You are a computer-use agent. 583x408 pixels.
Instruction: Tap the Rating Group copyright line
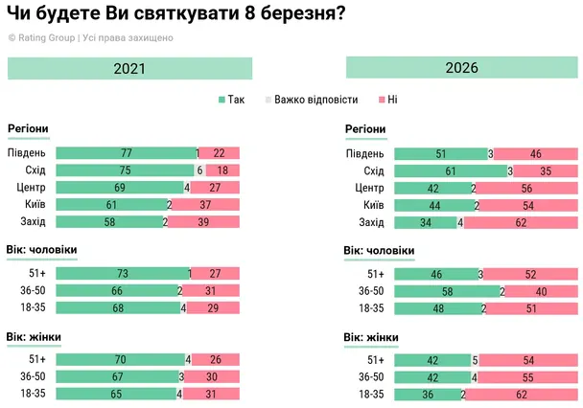pyautogui.click(x=90, y=38)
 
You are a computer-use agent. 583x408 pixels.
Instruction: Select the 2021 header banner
pyautogui.click(x=129, y=68)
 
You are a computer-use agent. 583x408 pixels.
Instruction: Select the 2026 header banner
pyautogui.click(x=461, y=68)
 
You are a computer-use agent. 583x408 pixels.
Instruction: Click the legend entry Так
pyautogui.click(x=232, y=100)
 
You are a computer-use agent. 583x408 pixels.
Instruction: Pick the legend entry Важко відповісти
pyautogui.click(x=312, y=100)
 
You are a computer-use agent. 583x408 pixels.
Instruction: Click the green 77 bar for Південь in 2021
pyautogui.click(x=125, y=153)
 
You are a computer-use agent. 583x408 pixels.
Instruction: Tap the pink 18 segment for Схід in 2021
pyautogui.click(x=222, y=170)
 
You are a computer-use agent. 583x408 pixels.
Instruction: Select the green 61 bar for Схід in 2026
pyautogui.click(x=450, y=170)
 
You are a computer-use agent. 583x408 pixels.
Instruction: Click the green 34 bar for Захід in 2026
pyautogui.click(x=426, y=222)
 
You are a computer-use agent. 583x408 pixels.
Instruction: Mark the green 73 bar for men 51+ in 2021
pyautogui.click(x=122, y=274)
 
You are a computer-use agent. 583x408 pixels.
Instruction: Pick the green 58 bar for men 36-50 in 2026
pyautogui.click(x=447, y=291)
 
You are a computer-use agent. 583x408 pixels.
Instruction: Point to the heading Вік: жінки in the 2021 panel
pyautogui.click(x=35, y=335)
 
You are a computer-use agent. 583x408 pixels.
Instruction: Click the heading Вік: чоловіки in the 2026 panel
pyautogui.click(x=379, y=250)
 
